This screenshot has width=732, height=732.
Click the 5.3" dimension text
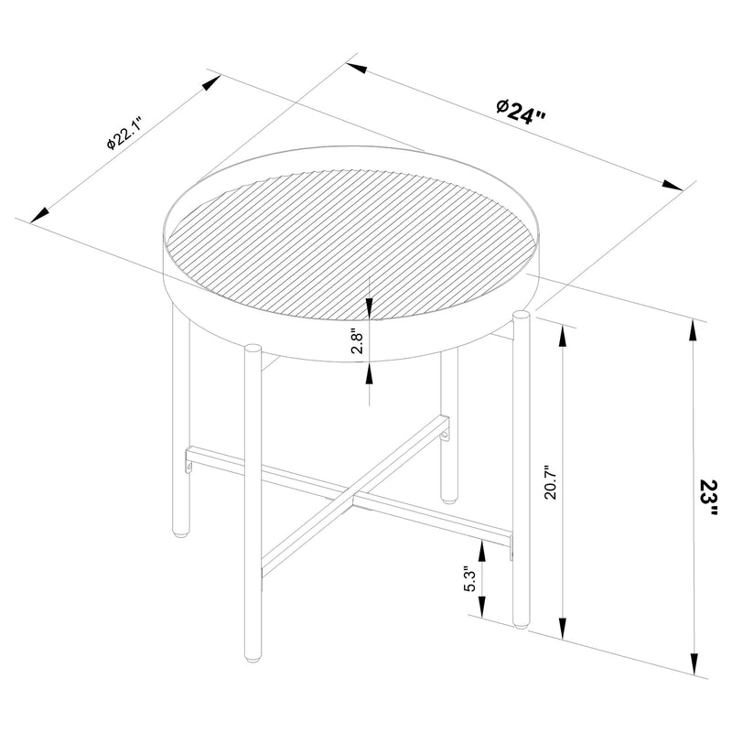[x=469, y=579]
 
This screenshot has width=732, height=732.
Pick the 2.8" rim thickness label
[x=359, y=341]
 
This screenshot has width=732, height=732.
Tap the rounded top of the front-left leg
[x=253, y=348]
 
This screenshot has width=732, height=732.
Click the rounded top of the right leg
[x=522, y=317]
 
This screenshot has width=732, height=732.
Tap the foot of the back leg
[x=447, y=500]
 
